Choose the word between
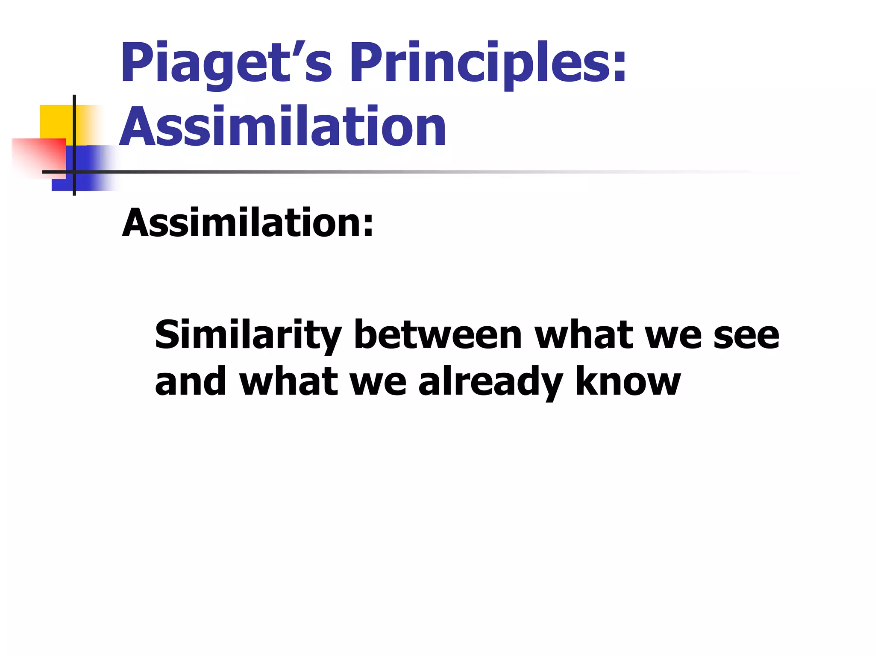coord(438,336)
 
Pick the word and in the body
coord(191,381)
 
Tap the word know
coord(628,381)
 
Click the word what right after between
coord(583,336)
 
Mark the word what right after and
coord(288,381)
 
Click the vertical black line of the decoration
coord(74,128)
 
